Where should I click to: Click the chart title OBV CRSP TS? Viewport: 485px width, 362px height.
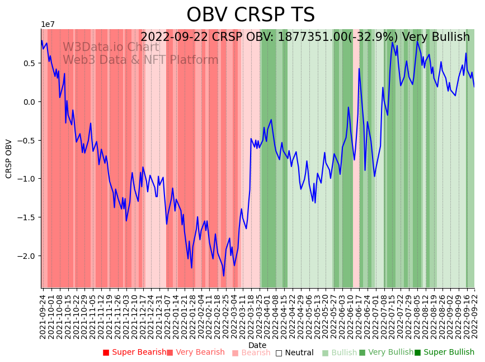[x=250, y=15]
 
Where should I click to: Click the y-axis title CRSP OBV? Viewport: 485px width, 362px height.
[x=9, y=159]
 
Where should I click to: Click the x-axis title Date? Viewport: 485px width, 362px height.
[x=257, y=345]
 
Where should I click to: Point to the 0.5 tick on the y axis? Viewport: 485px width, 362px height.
[x=29, y=63]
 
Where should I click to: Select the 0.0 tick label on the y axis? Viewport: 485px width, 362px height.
[x=29, y=102]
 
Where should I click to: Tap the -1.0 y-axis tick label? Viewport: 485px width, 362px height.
[x=27, y=179]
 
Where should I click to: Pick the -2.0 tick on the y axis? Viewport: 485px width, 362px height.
[x=27, y=256]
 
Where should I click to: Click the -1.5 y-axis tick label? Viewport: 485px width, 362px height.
[x=27, y=217]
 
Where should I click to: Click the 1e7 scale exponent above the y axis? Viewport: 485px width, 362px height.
[x=48, y=25]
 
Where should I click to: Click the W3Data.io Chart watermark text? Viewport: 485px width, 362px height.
[x=111, y=48]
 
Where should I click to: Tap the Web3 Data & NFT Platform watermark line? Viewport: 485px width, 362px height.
[x=140, y=60]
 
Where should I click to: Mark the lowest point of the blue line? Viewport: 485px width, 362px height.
[x=224, y=276]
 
